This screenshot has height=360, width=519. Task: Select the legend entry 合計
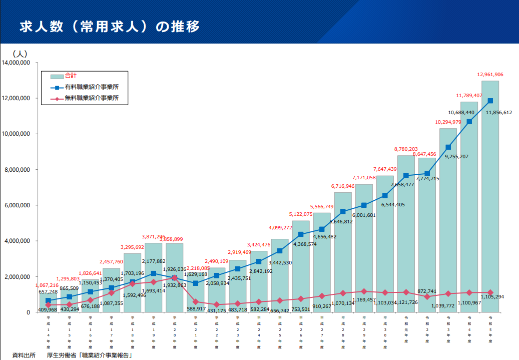click(71, 76)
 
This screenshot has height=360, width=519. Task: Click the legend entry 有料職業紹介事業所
click(92, 87)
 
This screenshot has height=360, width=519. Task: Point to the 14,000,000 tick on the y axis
click(17, 63)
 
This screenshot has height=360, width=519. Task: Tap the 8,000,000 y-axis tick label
click(18, 170)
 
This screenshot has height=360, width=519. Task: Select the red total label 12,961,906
click(490, 74)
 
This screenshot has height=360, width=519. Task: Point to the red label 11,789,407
click(469, 95)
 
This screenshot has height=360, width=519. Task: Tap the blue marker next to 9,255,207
click(448, 147)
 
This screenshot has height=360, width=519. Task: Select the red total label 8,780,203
click(406, 149)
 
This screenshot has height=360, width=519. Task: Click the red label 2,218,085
click(196, 254)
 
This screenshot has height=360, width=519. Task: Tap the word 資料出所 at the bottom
click(24, 355)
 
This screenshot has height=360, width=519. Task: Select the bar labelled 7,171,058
click(364, 250)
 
